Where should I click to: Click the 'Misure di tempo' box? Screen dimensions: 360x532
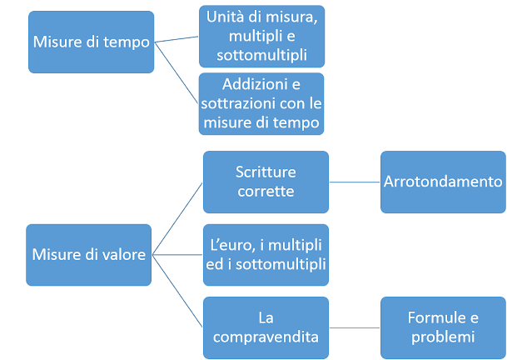[x=92, y=41]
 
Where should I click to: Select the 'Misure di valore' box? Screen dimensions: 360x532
[x=89, y=255]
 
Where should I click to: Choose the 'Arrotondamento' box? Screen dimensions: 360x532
[x=443, y=181]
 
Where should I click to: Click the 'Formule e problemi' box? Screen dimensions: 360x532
[x=443, y=326]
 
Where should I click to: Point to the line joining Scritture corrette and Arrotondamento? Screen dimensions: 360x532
[x=355, y=181]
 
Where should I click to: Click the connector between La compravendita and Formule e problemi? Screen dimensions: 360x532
[x=355, y=327]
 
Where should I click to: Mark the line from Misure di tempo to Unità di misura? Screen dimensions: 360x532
[x=177, y=38]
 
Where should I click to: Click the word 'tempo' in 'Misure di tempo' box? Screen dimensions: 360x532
[x=130, y=41]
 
